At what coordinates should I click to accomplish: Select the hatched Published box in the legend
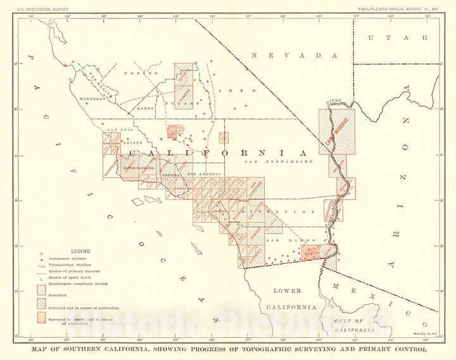42,290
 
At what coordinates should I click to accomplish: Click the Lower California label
295,299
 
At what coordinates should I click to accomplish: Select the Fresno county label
144,73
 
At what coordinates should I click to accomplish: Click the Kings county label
146,109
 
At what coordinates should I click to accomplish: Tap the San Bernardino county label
279,162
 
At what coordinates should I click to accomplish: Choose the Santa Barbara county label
137,168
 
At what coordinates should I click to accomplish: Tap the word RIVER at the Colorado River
333,102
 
